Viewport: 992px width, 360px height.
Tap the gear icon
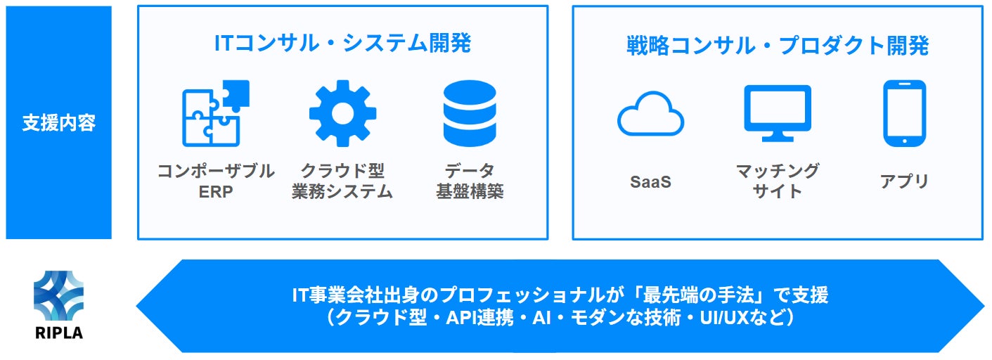[x=342, y=113]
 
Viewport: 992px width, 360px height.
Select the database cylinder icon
[x=469, y=113]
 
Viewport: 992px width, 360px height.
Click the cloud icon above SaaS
[x=650, y=114]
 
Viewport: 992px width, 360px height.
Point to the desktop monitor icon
[x=778, y=113]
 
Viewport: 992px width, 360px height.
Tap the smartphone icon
[x=904, y=113]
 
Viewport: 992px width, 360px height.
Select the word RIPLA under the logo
[x=58, y=333]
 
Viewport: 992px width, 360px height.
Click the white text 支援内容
[x=58, y=123]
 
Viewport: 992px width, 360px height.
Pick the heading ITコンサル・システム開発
[x=342, y=44]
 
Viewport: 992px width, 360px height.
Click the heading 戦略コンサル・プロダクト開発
[x=778, y=46]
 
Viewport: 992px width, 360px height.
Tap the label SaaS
[x=650, y=182]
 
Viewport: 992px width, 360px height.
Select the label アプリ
[x=904, y=181]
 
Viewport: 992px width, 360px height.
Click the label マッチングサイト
[x=778, y=181]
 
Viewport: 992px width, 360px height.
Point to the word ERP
[x=215, y=192]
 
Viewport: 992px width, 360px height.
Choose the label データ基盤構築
[x=469, y=181]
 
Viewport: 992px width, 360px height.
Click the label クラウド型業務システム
[x=342, y=181]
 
